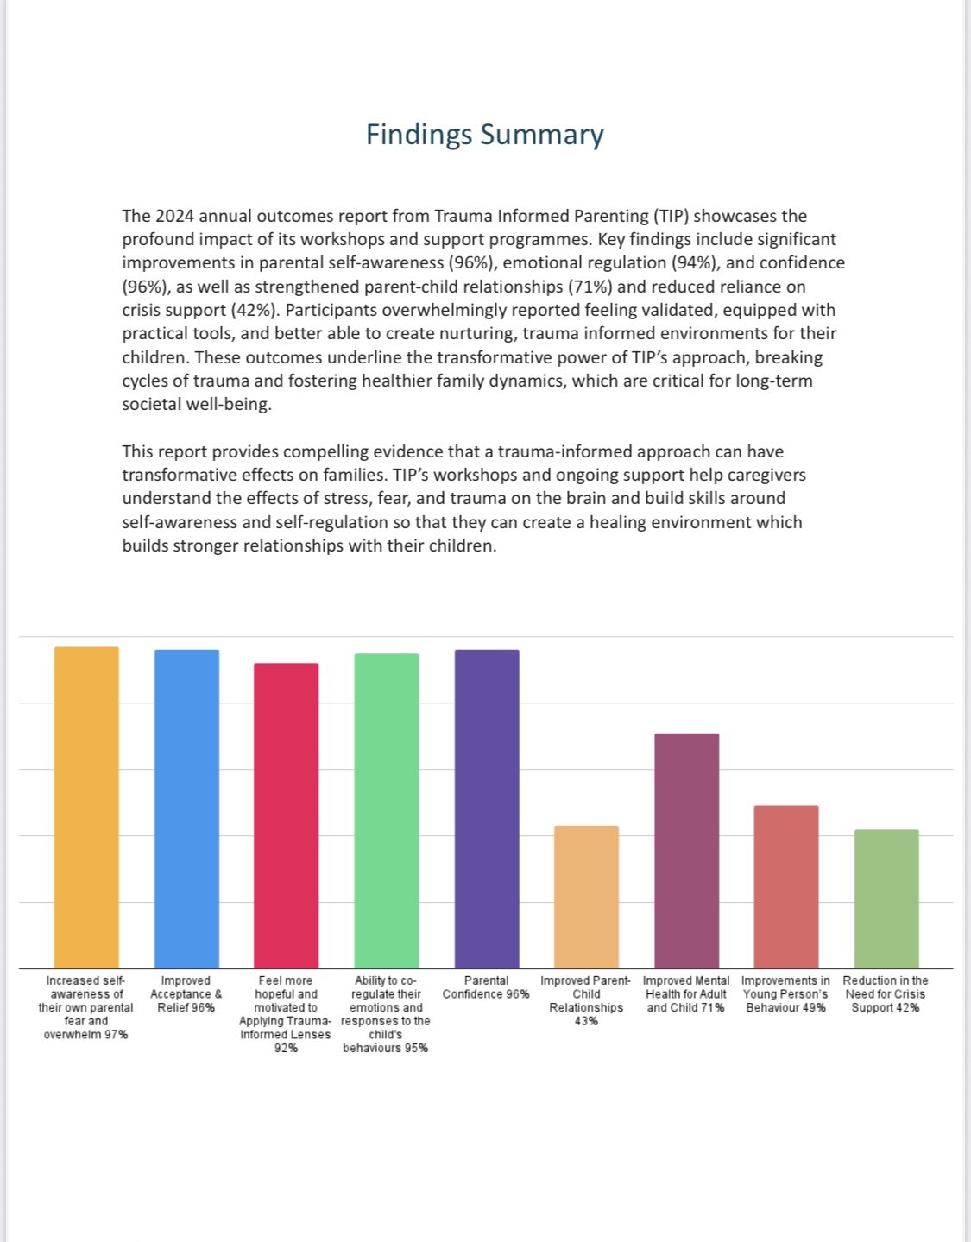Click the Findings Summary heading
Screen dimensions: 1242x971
coord(484,135)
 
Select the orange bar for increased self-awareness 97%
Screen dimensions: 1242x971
coord(86,807)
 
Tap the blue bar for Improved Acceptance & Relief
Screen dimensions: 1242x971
coord(186,809)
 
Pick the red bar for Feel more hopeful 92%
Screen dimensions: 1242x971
coord(286,816)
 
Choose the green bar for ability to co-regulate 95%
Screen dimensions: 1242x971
coord(387,810)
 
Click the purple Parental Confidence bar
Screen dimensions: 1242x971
coord(487,809)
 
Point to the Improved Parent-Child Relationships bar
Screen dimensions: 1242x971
coord(586,897)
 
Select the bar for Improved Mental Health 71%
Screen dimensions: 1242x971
coord(686,850)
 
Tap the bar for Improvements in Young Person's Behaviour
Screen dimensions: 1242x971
coord(785,886)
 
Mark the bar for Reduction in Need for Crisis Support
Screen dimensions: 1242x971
coord(886,898)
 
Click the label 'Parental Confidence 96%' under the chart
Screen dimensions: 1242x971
coord(486,987)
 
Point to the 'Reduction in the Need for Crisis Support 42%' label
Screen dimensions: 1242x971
coord(886,994)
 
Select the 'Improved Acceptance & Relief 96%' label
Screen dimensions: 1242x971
coord(186,994)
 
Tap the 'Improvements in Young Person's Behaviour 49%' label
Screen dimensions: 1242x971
coord(785,994)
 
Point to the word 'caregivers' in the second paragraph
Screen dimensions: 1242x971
coord(762,475)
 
